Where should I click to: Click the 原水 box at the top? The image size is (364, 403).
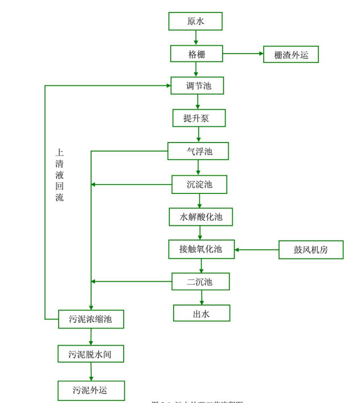tap(195, 21)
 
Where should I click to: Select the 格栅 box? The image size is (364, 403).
tap(196, 54)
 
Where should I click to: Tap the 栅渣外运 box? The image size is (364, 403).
tap(291, 54)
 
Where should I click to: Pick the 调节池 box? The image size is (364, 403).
tap(197, 86)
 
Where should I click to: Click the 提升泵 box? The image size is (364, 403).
tap(199, 118)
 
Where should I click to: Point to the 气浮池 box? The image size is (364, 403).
tap(198, 151)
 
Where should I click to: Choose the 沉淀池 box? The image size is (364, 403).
tap(199, 184)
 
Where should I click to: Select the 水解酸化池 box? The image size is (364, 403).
tap(201, 217)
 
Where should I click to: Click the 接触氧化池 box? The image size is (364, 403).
tap(201, 249)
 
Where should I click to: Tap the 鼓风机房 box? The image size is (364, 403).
tap(311, 250)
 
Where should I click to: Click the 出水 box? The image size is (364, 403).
tap(201, 313)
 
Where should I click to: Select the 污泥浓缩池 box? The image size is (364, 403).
tap(91, 319)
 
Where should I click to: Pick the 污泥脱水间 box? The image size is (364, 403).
tap(91, 354)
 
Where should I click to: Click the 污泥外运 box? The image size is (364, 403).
tap(91, 390)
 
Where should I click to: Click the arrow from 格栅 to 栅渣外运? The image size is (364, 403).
tap(242, 54)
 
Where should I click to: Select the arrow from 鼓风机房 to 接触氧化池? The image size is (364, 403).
tap(257, 250)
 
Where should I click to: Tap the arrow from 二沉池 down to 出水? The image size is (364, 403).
tap(202, 297)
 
